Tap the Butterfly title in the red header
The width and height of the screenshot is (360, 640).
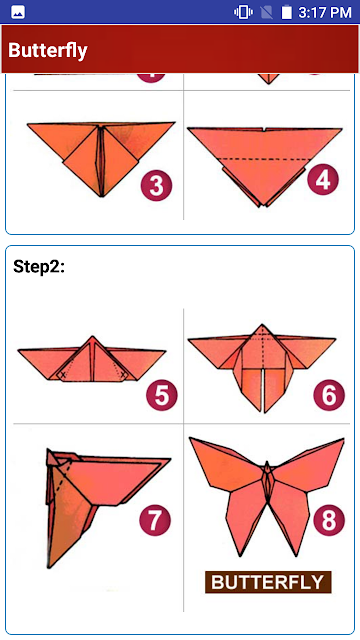tap(48, 50)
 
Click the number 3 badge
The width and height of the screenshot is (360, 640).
tap(156, 186)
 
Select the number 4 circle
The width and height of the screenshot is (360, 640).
tap(323, 180)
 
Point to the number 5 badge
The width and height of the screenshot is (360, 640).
tap(162, 395)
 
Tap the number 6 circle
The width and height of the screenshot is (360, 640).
tap(329, 395)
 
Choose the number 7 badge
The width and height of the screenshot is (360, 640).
tap(155, 520)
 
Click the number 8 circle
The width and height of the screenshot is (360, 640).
tap(329, 520)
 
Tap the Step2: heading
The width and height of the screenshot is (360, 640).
tap(39, 267)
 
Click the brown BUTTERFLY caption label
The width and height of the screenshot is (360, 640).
tap(268, 582)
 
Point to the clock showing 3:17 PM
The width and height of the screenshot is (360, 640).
tap(325, 12)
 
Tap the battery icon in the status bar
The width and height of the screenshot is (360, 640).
tap(287, 12)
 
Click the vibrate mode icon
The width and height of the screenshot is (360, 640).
tap(243, 12)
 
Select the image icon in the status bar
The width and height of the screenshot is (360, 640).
tap(18, 12)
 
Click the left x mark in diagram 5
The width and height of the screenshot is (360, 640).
tap(63, 374)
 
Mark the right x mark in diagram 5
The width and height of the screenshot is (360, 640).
tap(124, 374)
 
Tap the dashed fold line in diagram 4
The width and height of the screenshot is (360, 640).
tap(264, 159)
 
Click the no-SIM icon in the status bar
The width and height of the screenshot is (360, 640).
tap(267, 12)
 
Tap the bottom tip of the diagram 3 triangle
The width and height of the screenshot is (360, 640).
tap(102, 196)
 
